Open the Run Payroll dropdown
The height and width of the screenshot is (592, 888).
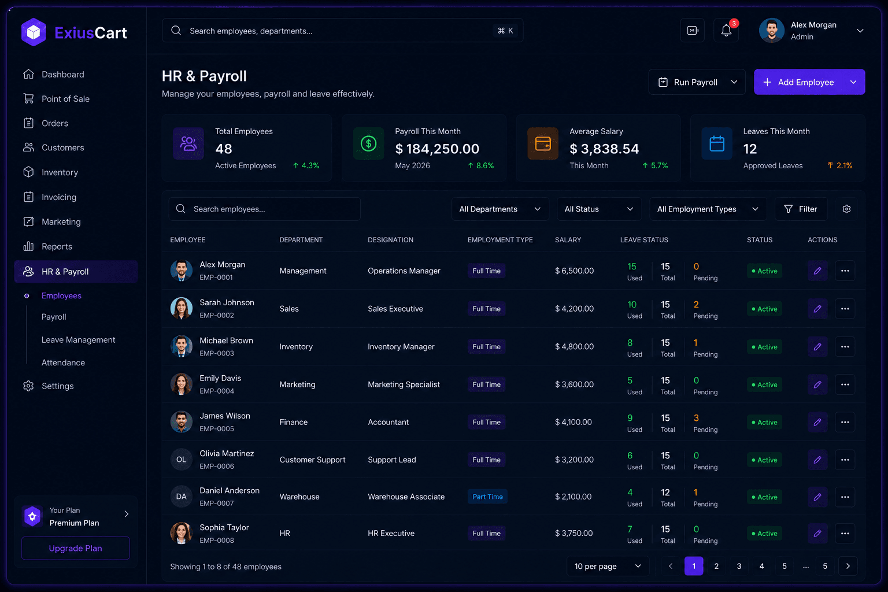click(697, 82)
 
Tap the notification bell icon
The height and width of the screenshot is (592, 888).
click(726, 30)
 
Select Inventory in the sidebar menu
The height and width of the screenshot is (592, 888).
click(60, 172)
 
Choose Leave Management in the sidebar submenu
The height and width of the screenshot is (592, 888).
click(78, 340)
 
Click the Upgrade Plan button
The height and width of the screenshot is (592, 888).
click(75, 548)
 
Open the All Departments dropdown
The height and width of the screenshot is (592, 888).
click(500, 209)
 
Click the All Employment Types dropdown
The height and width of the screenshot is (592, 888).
click(708, 209)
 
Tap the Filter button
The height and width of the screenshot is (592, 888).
click(801, 209)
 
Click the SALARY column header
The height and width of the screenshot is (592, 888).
click(568, 240)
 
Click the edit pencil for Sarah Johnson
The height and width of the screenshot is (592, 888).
click(817, 309)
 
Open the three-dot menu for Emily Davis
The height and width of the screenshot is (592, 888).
click(845, 384)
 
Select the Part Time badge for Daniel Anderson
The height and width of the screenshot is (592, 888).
click(487, 497)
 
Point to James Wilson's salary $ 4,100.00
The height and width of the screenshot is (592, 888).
click(573, 422)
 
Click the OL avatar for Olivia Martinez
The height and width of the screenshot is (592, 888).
click(181, 460)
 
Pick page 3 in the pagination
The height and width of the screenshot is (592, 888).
click(738, 566)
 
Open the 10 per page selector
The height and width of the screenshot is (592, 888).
click(608, 566)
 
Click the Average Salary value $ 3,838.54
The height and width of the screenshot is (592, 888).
click(604, 149)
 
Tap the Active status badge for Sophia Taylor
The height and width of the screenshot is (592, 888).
click(764, 534)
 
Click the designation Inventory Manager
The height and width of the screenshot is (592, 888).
click(401, 347)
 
